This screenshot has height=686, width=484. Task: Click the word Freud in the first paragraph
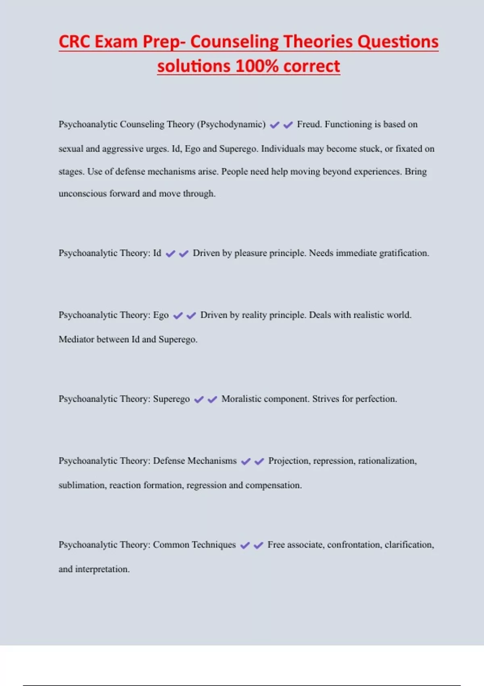coord(309,124)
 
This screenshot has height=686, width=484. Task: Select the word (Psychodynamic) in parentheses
coord(231,124)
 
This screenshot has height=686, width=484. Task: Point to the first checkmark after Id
coord(171,254)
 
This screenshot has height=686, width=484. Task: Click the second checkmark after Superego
coord(212,399)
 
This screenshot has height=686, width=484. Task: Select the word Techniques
coord(214,545)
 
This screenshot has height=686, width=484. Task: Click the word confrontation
coord(354,545)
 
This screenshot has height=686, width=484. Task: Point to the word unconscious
coord(83,194)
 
